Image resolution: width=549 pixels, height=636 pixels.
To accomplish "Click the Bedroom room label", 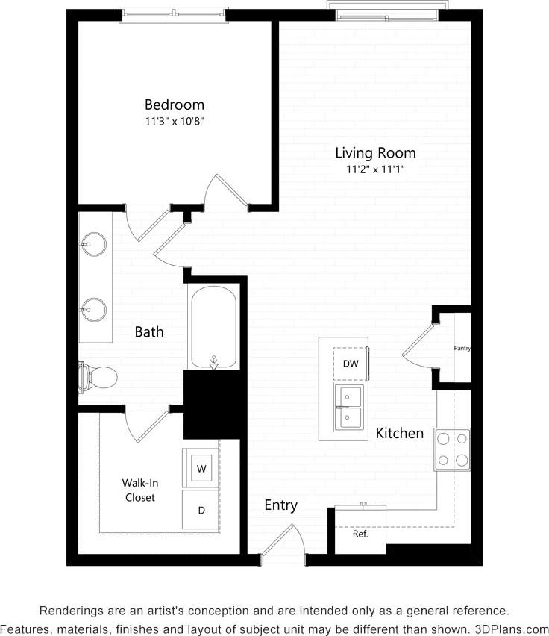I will pyautogui.click(x=174, y=105).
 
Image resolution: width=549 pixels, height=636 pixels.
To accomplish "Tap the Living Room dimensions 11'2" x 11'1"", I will pyautogui.click(x=374, y=169).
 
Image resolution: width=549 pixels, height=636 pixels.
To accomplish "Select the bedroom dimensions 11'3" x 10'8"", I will pyautogui.click(x=174, y=121).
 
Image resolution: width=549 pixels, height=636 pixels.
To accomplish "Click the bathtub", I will pyautogui.click(x=213, y=328).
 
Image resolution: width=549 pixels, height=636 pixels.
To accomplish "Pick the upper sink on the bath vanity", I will pyautogui.click(x=95, y=243).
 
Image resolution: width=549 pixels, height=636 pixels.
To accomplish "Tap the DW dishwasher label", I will pyautogui.click(x=350, y=364).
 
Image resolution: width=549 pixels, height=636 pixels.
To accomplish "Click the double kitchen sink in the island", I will pyautogui.click(x=348, y=407).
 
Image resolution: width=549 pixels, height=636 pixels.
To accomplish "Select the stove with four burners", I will pyautogui.click(x=453, y=449).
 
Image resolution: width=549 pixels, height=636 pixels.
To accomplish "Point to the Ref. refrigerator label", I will pyautogui.click(x=360, y=534).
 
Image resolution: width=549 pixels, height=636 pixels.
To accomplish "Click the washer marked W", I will pyautogui.click(x=201, y=469).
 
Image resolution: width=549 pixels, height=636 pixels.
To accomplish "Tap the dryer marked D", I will pyautogui.click(x=201, y=511).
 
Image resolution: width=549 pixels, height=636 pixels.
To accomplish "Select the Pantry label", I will pyautogui.click(x=462, y=348).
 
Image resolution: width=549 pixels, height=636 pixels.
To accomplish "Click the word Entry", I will pyautogui.click(x=280, y=505).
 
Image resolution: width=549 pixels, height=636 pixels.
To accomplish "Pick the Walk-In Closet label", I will pyautogui.click(x=139, y=490).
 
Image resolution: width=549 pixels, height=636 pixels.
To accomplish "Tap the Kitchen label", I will pyautogui.click(x=399, y=433).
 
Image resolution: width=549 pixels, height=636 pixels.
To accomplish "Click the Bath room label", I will pyautogui.click(x=149, y=331).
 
